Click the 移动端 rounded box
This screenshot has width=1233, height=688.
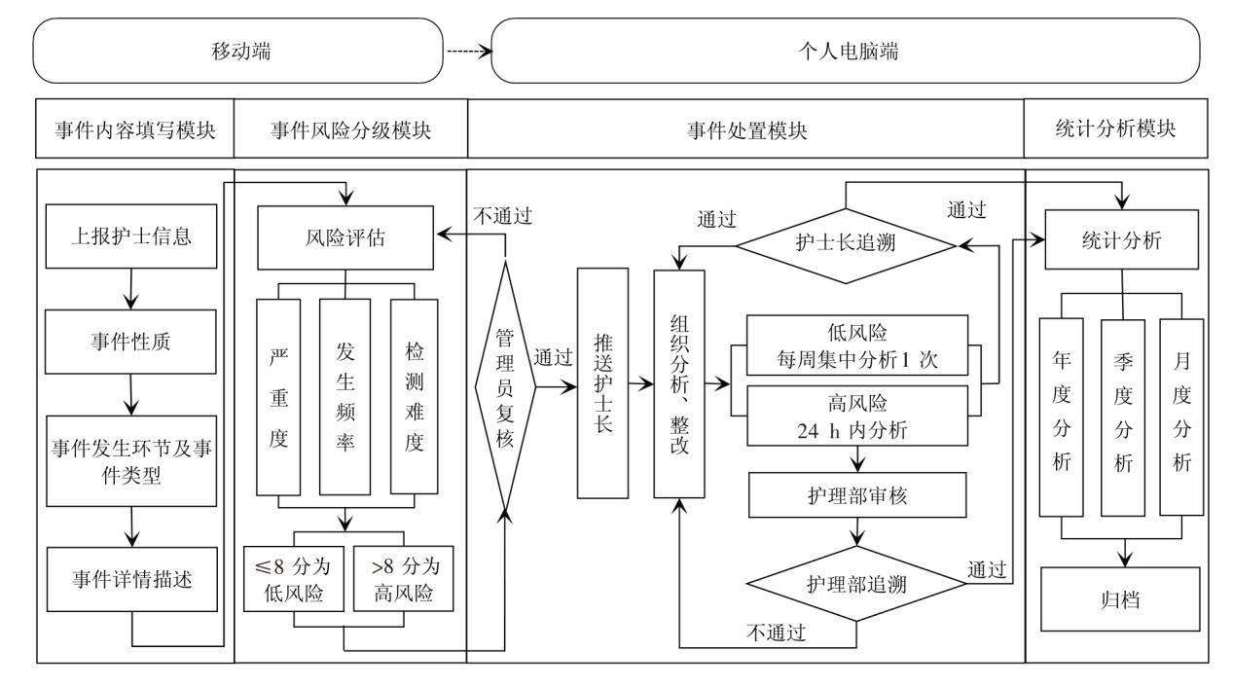[240, 51]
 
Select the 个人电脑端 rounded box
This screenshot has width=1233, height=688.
[846, 51]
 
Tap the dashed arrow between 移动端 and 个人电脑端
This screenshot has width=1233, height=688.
[469, 51]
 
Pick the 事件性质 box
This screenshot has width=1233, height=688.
[129, 344]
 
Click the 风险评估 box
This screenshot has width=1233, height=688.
[345, 236]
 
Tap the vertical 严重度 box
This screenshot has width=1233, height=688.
[279, 397]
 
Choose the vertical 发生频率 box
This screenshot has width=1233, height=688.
[345, 397]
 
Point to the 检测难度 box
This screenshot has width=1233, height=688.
[414, 397]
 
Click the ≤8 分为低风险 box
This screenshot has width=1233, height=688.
[293, 578]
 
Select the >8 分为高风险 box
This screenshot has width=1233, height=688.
[403, 578]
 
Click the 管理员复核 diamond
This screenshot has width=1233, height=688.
[506, 385]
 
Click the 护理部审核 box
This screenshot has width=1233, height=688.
[856, 496]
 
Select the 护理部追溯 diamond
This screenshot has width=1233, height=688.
[856, 584]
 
